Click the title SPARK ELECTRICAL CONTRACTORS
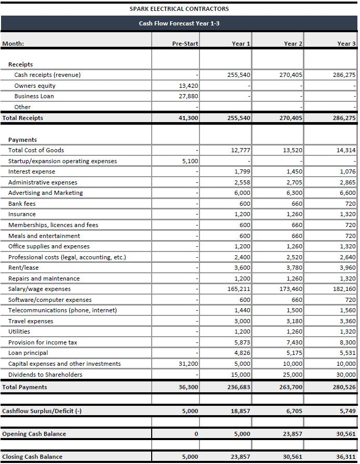click(x=179, y=9)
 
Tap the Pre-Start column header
click(x=185, y=44)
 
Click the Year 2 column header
click(x=294, y=44)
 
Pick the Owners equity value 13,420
click(x=189, y=86)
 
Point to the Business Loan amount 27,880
click(x=189, y=96)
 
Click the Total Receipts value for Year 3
click(x=344, y=118)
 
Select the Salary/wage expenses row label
click(x=39, y=289)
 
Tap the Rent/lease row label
click(x=23, y=268)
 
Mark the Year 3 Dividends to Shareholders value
click(x=346, y=375)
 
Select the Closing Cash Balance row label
click(x=32, y=457)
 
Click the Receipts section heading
click(x=21, y=64)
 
